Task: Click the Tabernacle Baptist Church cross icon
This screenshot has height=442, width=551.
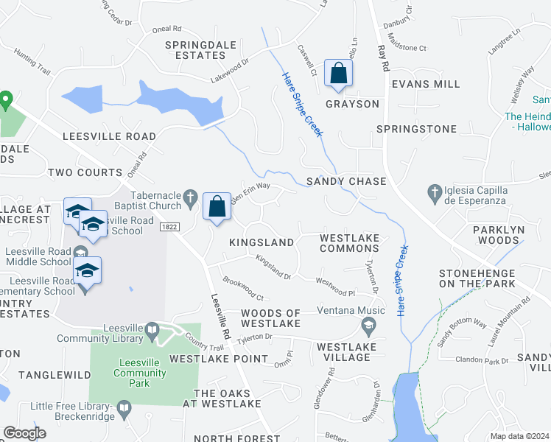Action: pos(191,197)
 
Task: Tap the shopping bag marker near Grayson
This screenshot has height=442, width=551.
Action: pos(338,74)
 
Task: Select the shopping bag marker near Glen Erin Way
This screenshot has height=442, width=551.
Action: pos(218,207)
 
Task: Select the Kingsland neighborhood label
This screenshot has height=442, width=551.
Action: pos(262,242)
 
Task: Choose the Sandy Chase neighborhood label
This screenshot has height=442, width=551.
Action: pos(346,181)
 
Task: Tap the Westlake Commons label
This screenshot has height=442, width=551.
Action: pos(350,243)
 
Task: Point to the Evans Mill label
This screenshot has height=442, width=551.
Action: pos(426,84)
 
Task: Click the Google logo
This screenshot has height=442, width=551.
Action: pos(24,433)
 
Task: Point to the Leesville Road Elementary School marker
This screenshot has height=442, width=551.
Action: pos(87,272)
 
